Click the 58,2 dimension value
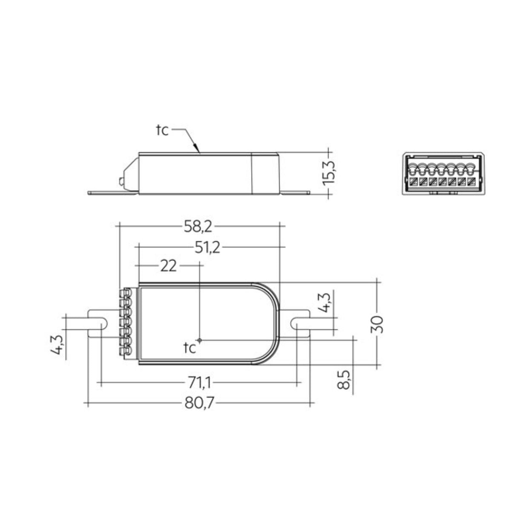point(198,227)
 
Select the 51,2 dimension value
point(207,248)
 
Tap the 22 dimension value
point(169,266)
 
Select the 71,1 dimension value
point(198,383)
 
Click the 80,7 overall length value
point(199,403)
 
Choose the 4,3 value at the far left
point(57,345)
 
